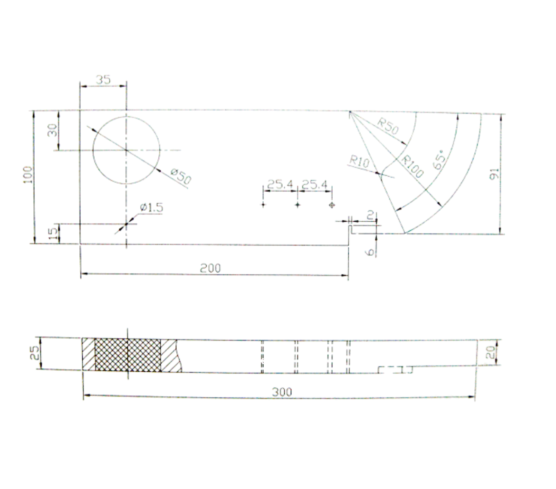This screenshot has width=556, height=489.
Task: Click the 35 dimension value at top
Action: (103, 80)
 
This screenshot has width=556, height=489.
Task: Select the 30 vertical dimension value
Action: (53, 130)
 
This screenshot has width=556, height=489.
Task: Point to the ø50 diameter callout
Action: (180, 177)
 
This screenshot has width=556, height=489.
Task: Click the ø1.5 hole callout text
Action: (152, 207)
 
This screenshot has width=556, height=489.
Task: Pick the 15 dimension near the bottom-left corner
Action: (54, 233)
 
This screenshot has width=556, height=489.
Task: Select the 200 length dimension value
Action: (210, 268)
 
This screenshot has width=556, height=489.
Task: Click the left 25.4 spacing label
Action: (280, 184)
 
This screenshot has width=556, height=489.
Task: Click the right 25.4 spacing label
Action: (315, 184)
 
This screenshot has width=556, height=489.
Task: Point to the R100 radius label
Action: (412, 167)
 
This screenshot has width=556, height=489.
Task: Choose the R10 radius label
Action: (359, 160)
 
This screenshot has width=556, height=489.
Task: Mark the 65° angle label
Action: (440, 160)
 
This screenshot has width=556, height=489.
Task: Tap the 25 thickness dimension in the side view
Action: (35, 353)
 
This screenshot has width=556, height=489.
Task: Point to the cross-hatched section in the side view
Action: (128, 355)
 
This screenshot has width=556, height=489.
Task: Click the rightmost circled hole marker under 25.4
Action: (332, 205)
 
